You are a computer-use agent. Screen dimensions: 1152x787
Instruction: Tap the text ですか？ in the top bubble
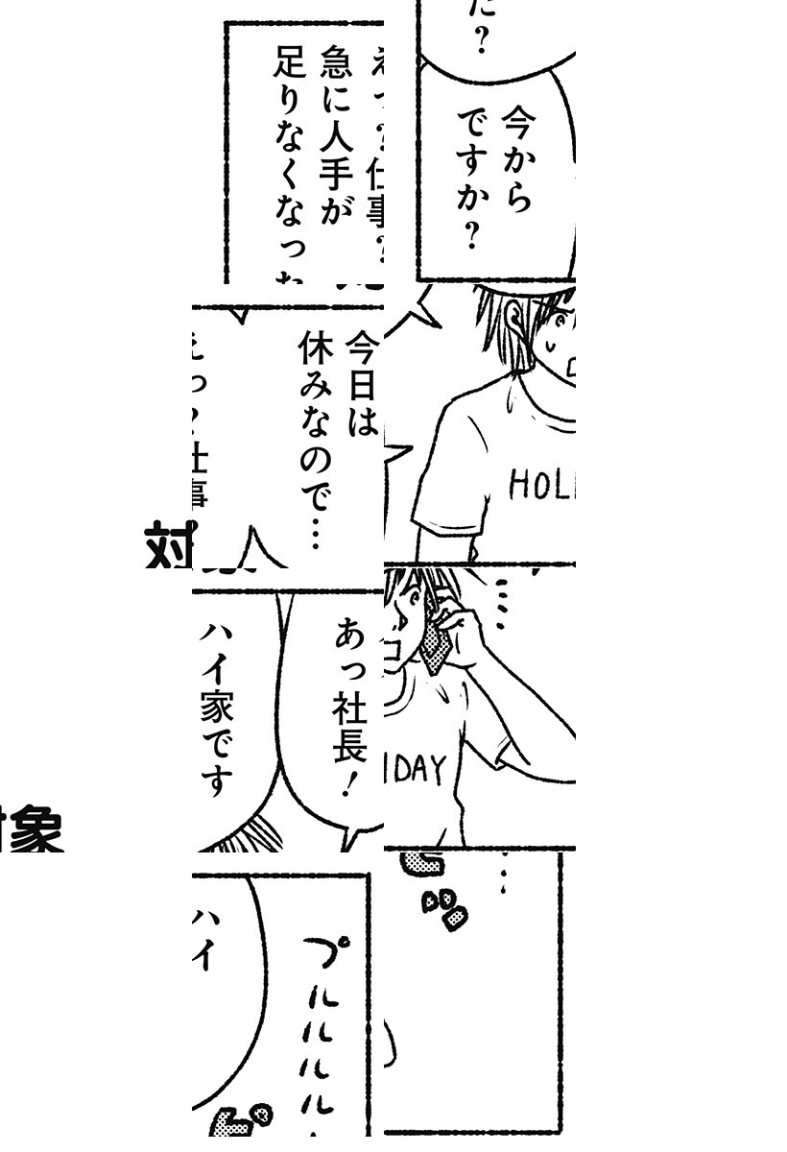tap(470, 178)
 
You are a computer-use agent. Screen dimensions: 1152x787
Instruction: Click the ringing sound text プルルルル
tap(322, 1037)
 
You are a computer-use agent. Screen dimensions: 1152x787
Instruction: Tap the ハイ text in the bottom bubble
tap(203, 941)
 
